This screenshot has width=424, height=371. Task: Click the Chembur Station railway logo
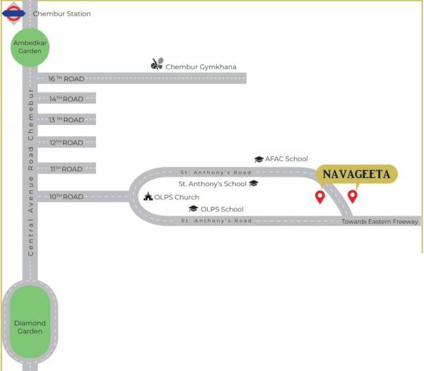14,13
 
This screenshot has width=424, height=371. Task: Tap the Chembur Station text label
61,13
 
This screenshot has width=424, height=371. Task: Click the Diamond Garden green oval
30,326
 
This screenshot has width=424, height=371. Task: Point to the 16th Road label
66,78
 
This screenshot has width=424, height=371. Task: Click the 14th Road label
66,99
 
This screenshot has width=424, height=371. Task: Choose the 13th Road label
66,120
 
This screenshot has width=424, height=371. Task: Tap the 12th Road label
66,143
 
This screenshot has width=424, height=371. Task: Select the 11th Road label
66,169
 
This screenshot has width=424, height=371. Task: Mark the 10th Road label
66,196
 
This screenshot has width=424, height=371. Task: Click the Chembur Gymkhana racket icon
157,64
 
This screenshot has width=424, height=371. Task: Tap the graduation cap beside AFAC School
259,160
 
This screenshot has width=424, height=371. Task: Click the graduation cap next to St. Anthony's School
253,183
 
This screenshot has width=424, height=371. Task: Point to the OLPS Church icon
148,196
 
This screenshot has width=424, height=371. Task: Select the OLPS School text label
222,209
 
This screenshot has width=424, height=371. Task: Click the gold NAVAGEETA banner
356,174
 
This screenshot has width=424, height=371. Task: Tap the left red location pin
319,196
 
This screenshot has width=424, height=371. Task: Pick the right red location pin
352,196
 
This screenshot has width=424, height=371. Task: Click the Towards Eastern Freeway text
380,221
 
